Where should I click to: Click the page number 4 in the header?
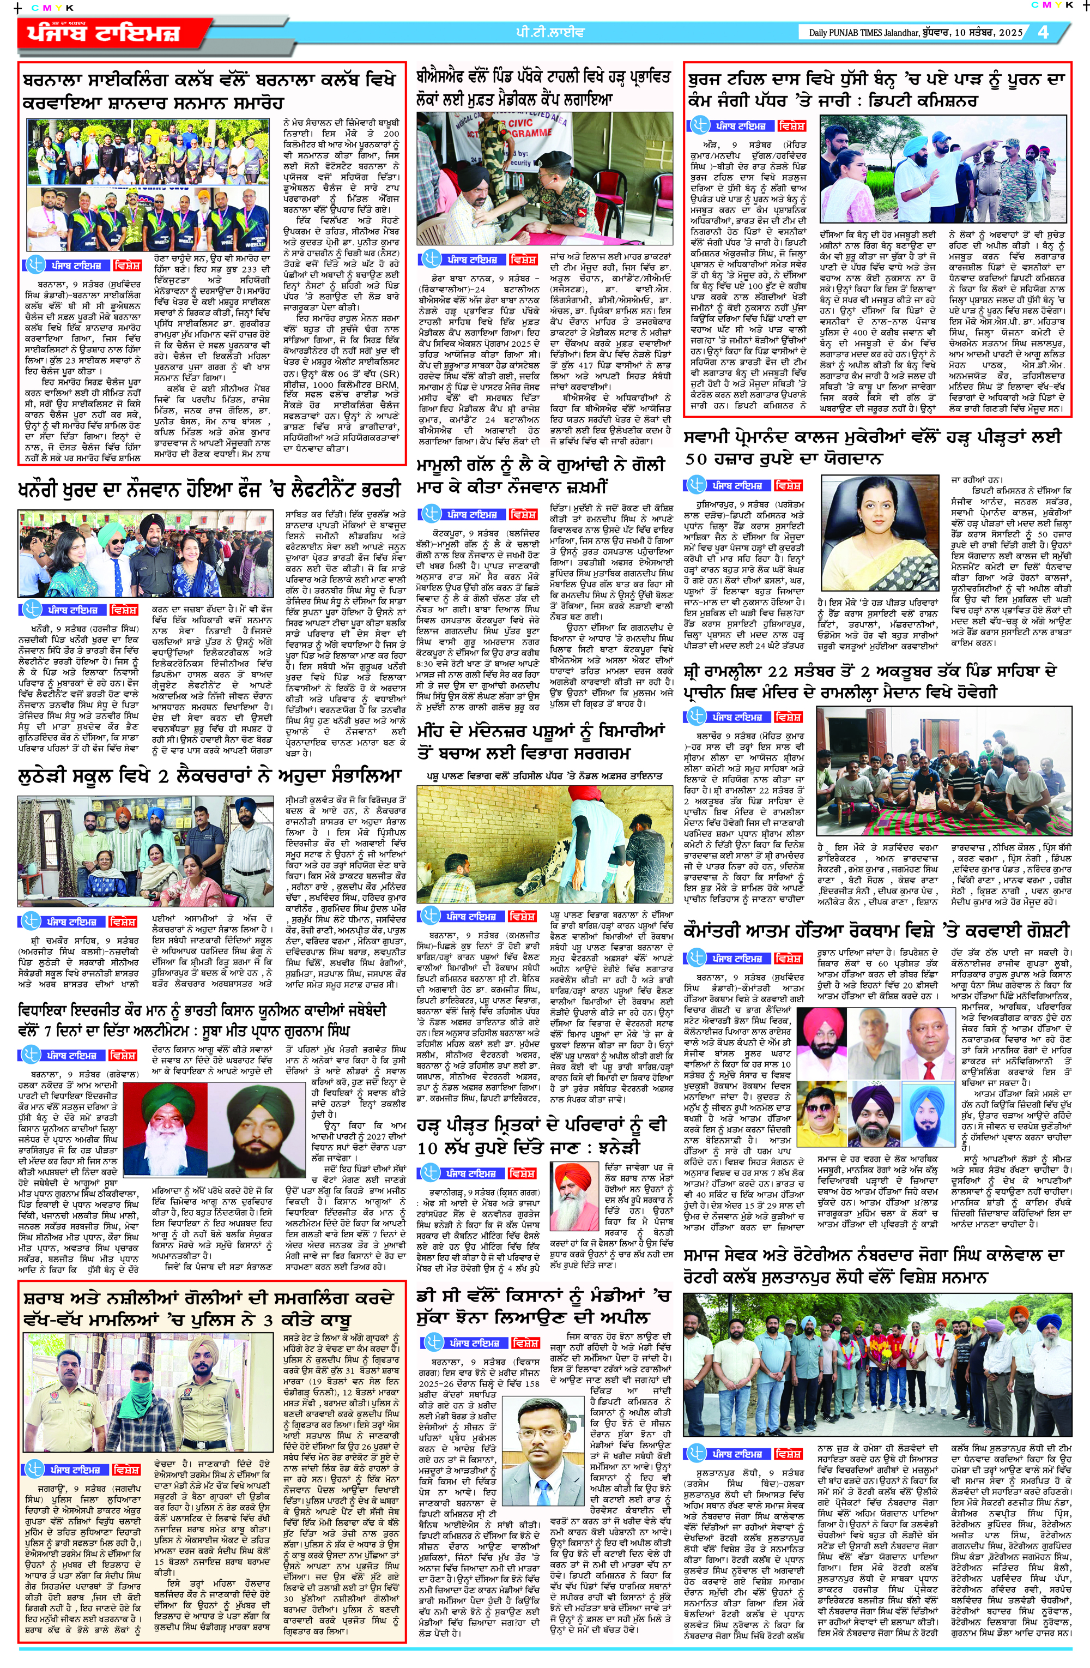[1044, 32]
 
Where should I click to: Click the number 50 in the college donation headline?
[697, 459]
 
